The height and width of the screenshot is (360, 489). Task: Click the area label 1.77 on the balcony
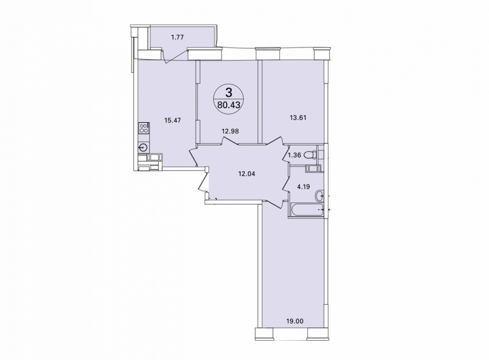(x=177, y=38)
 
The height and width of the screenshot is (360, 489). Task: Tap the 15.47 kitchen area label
(x=172, y=120)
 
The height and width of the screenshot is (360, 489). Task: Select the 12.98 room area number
(x=230, y=131)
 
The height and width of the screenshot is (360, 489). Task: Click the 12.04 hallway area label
(x=247, y=174)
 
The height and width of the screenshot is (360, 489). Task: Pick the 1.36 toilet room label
(x=294, y=155)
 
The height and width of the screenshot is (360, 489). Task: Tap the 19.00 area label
(x=295, y=320)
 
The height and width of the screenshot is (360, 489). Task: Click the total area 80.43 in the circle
(x=229, y=105)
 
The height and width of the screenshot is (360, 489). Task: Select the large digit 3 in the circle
(x=229, y=92)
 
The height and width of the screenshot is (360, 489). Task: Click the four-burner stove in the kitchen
(x=145, y=128)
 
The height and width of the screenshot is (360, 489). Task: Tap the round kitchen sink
(x=144, y=147)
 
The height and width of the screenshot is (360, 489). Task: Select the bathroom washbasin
(x=319, y=196)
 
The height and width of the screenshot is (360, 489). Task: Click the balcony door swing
(x=175, y=55)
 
